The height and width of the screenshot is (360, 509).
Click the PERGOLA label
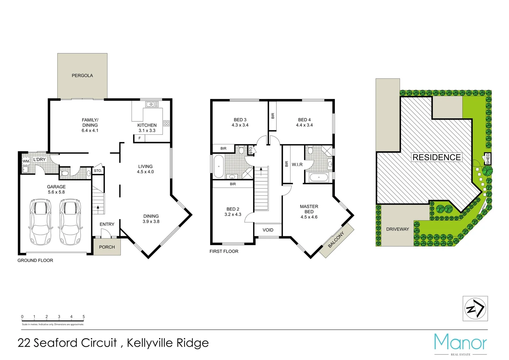pyautogui.click(x=82, y=76)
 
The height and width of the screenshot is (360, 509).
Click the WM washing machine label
pyautogui.click(x=26, y=161)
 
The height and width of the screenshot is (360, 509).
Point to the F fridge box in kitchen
pyautogui.click(x=140, y=138)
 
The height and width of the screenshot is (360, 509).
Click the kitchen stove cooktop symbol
pyautogui.click(x=166, y=123)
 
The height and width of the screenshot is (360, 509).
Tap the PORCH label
pyautogui.click(x=107, y=247)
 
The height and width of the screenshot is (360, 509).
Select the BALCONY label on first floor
pyautogui.click(x=336, y=240)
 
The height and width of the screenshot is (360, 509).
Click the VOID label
pyautogui.click(x=268, y=230)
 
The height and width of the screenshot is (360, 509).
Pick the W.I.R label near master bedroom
pyautogui.click(x=297, y=165)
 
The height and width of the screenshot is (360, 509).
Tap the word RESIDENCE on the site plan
pyautogui.click(x=437, y=157)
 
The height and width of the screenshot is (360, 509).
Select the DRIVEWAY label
pyautogui.click(x=397, y=229)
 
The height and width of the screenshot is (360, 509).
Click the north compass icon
pyautogui.click(x=475, y=309)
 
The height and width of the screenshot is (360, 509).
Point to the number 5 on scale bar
pyautogui.click(x=84, y=317)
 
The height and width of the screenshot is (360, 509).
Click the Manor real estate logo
pyautogui.click(x=460, y=343)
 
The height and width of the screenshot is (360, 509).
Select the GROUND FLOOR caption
pyautogui.click(x=35, y=260)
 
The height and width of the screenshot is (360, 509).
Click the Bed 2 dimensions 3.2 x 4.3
pyautogui.click(x=233, y=214)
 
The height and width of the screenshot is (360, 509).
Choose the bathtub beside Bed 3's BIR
pyautogui.click(x=219, y=166)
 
